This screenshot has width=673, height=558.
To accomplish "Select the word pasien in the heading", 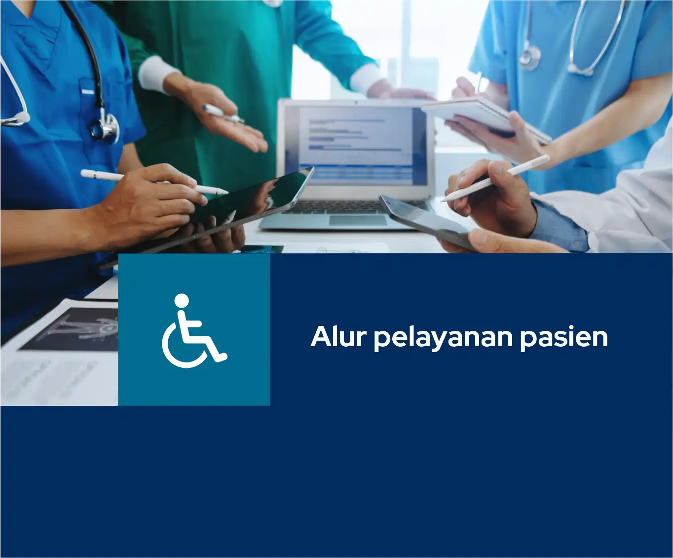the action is (564, 339).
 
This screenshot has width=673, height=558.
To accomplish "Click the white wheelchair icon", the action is (194, 331).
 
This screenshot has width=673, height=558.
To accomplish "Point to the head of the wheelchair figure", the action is (182, 300).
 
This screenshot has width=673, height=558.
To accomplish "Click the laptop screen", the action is (357, 147).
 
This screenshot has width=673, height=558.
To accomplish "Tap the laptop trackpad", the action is (358, 221).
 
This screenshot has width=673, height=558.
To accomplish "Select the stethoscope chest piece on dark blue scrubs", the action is (105, 128).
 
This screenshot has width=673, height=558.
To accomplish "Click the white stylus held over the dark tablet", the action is (154, 182).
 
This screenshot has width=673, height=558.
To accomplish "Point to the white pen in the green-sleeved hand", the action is (223, 114).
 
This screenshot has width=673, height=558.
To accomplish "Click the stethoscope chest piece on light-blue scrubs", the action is (529, 58).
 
